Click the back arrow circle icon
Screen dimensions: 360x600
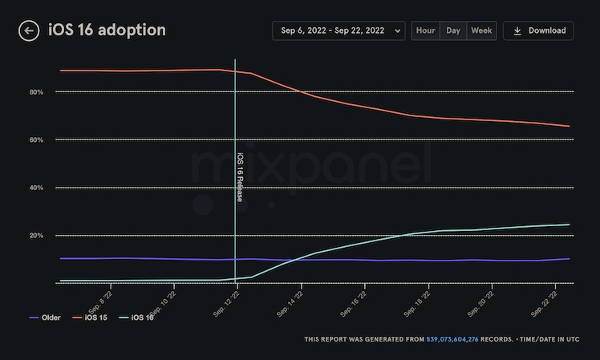pyautogui.click(x=29, y=30)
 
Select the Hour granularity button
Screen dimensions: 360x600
pyautogui.click(x=426, y=30)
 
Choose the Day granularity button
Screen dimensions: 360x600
pyautogui.click(x=453, y=30)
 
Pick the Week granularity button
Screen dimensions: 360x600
pyautogui.click(x=481, y=30)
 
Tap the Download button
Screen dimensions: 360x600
pyautogui.click(x=538, y=30)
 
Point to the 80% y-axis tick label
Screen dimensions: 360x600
pyautogui.click(x=36, y=92)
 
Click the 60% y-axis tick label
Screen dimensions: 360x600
pyautogui.click(x=36, y=140)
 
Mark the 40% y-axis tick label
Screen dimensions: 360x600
pyautogui.click(x=36, y=188)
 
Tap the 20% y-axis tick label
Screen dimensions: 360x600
pyautogui.click(x=36, y=235)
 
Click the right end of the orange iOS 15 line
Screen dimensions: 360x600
pyautogui.click(x=569, y=126)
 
